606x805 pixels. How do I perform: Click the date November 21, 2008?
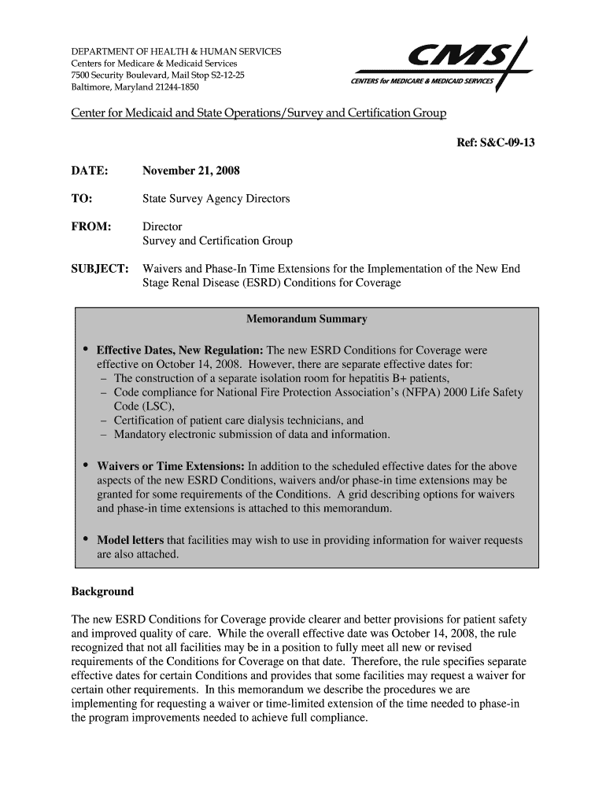[191, 171]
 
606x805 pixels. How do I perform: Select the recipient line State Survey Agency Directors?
[216, 199]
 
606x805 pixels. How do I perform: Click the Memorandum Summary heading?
[306, 320]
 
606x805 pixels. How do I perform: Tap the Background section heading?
[102, 591]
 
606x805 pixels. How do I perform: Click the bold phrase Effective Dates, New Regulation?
[180, 350]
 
